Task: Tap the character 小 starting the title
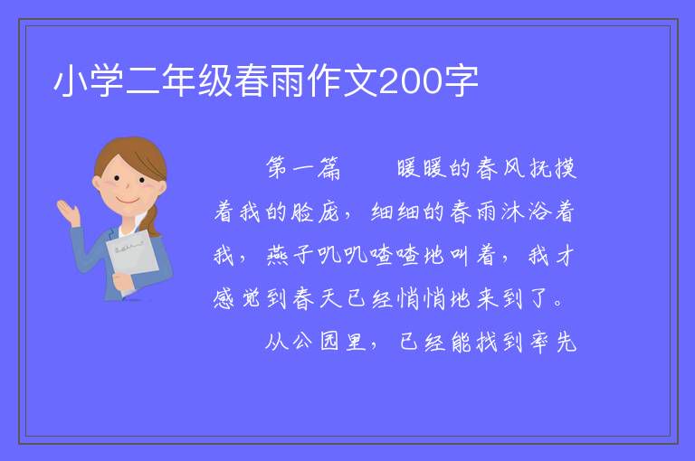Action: pos(71,81)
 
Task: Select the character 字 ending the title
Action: pos(461,81)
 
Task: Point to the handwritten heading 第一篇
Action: pos(303,168)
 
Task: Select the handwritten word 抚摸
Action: pos(553,168)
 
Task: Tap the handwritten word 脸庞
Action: pos(315,212)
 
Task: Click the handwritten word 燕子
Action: pos(290,256)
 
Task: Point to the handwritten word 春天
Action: pos(317,299)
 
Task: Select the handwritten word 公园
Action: pos(316,342)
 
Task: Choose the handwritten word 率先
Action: pos(553,342)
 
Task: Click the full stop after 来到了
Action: pos(558,304)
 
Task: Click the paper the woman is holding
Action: pos(132,256)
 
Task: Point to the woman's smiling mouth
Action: pos(128,201)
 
